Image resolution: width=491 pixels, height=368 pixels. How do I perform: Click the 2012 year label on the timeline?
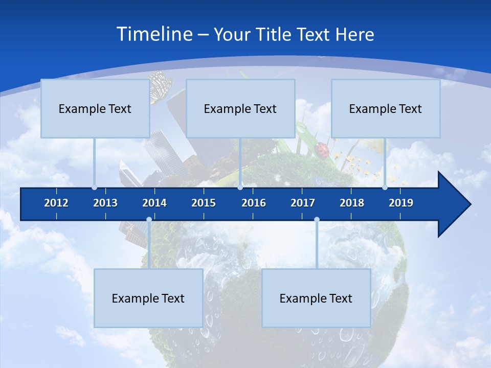pos(56,203)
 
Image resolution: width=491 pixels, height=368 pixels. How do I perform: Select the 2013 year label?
pos(105,203)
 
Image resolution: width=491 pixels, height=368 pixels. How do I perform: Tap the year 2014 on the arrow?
pos(154,203)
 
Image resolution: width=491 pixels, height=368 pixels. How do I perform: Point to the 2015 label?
pos(204,203)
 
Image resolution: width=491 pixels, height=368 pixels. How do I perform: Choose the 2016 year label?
pos(254,203)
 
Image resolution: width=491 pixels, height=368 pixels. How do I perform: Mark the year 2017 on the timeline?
pos(303,203)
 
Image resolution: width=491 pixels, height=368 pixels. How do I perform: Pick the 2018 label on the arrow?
pos(352,203)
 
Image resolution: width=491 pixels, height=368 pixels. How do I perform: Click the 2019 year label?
pos(401,203)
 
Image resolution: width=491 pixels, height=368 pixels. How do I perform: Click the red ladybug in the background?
pos(323,149)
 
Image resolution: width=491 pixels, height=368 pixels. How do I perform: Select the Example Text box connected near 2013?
pos(95,108)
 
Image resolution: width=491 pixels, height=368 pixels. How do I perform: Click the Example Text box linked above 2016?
pos(240,108)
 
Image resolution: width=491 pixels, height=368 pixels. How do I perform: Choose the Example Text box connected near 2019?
pos(386,108)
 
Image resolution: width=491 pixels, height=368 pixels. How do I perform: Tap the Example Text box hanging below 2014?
pos(148,298)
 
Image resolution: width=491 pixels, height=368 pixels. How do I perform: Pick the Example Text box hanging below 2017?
pos(316,298)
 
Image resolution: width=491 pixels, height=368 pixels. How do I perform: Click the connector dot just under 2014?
pos(149,220)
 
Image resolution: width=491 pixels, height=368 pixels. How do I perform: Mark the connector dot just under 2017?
pos(317,220)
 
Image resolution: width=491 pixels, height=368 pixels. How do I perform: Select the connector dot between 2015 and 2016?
pos(240,188)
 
